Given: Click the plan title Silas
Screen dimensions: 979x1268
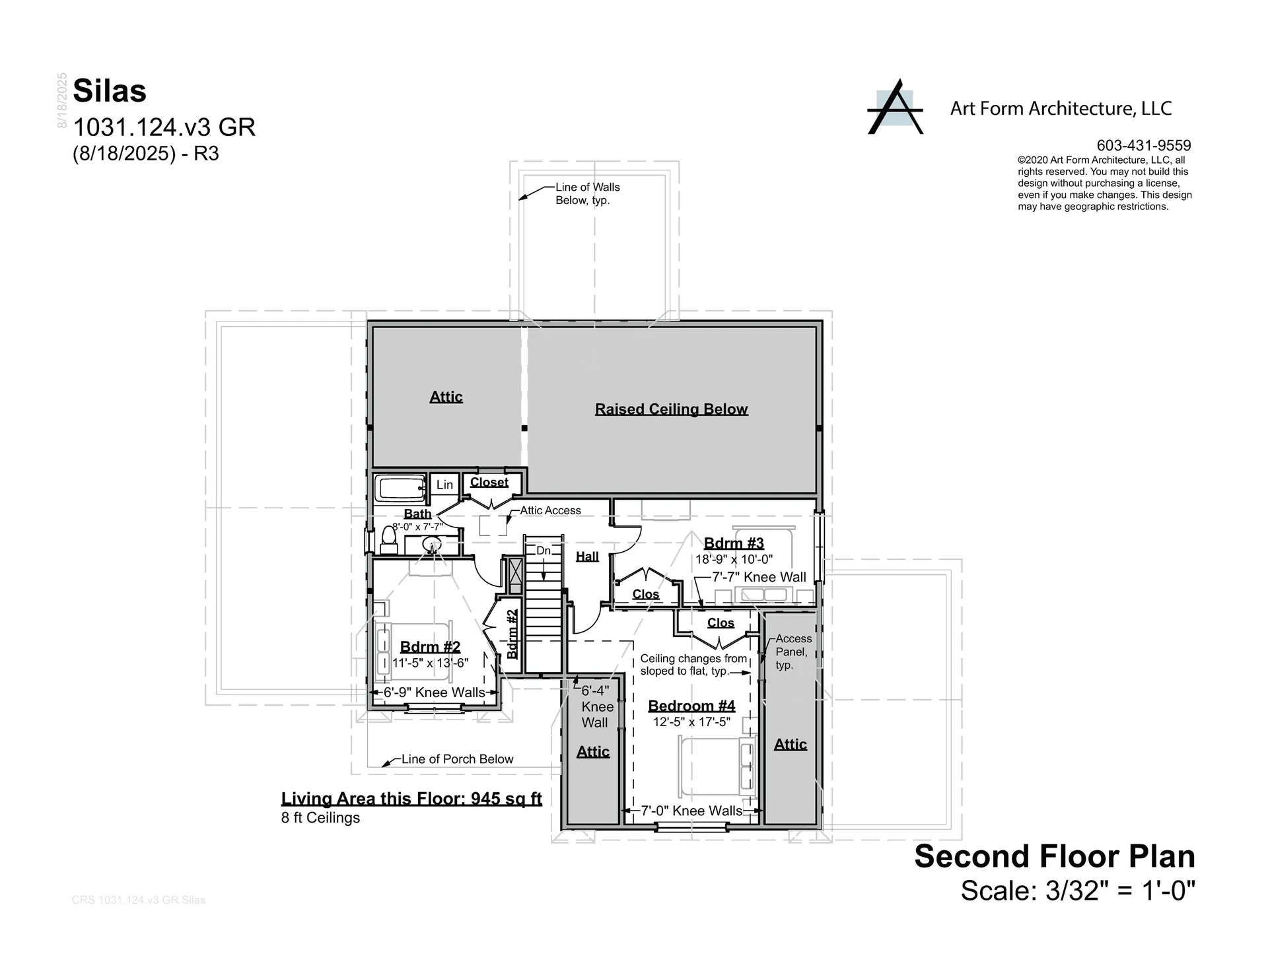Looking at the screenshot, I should pos(110,91).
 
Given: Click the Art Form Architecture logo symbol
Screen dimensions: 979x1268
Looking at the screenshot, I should pos(895,108).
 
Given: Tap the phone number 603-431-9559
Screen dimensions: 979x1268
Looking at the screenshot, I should pos(1143,145).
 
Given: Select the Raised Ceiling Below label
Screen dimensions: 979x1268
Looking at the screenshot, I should pos(671,409).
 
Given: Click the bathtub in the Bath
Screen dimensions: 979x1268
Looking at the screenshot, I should pos(400,489).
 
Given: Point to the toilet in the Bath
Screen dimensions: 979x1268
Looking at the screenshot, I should pos(389,541).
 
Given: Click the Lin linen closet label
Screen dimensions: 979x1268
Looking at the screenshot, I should pos(444,485).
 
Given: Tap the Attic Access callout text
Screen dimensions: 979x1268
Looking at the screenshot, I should pos(550,510).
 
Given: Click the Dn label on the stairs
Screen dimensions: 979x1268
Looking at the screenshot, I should pos(543,551).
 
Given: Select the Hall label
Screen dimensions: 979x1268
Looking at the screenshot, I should pos(587,557).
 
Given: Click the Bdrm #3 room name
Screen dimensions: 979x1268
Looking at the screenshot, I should pos(734,543).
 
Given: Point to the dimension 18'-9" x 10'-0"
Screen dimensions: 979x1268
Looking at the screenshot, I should pos(734,559).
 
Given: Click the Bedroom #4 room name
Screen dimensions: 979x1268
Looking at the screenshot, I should pos(691,706).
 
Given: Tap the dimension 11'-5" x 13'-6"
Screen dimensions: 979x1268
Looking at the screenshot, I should pos(430,663).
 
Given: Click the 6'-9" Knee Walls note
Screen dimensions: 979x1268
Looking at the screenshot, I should pos(434,692).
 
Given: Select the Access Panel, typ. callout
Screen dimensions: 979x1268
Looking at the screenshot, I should pos(792,652).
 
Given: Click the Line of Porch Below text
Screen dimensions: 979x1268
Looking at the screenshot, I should pos(457,759).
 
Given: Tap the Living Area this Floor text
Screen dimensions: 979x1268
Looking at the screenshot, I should pos(411,799).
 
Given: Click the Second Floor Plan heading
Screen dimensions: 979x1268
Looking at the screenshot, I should pos(1054,856).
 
